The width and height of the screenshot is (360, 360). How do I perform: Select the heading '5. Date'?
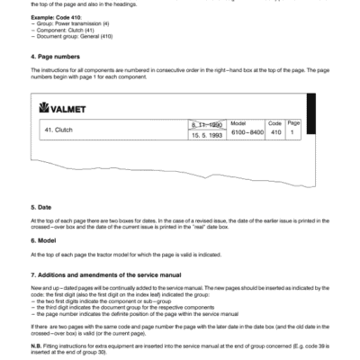[x=40, y=206]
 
